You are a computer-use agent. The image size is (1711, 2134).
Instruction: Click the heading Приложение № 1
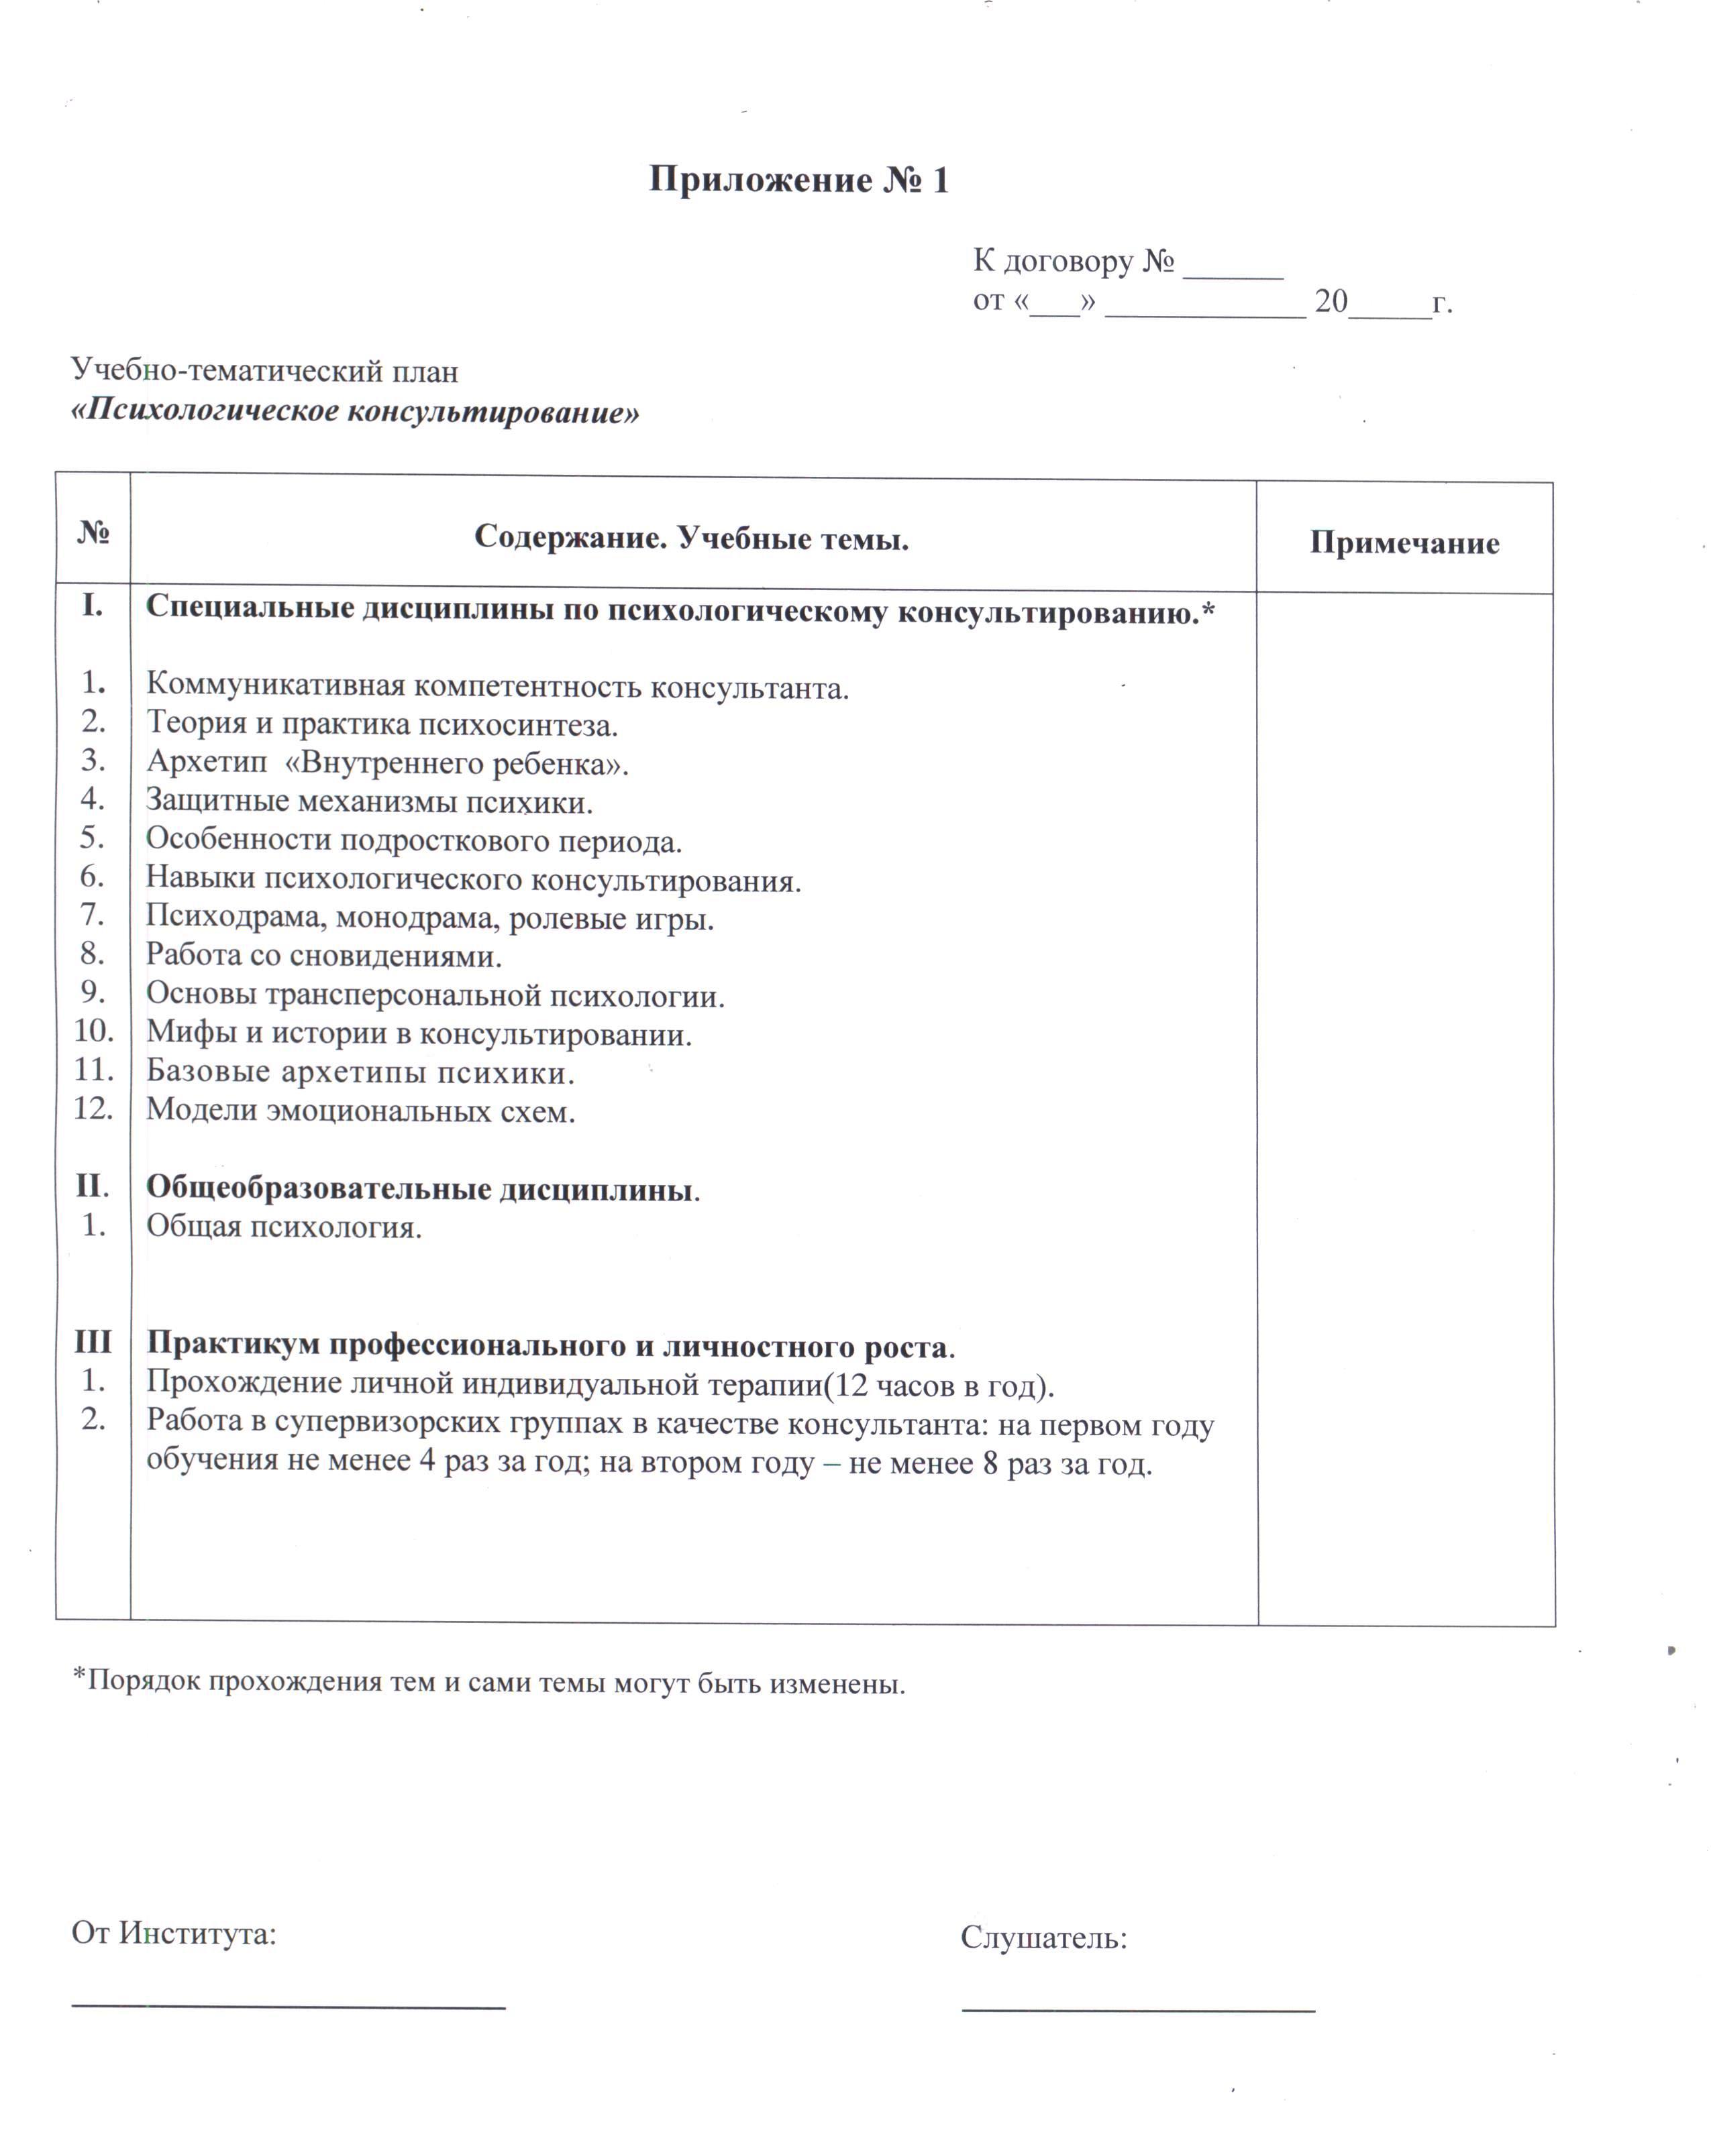pos(798,180)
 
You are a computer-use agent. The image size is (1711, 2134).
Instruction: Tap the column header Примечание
pos(1404,543)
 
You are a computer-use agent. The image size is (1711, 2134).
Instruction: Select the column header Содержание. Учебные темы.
pos(691,539)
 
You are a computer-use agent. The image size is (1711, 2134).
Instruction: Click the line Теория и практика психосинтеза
pos(382,724)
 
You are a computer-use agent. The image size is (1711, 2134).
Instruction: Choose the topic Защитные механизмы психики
pos(369,801)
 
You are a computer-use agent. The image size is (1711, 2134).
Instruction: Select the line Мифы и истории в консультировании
pos(419,1034)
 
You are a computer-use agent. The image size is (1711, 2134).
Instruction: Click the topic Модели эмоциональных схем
pos(360,1111)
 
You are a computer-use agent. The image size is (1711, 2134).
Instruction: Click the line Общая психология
pos(284,1227)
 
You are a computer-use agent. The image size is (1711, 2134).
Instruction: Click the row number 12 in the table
pos(93,1109)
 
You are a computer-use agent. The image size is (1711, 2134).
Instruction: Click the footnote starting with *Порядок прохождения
pos(489,1682)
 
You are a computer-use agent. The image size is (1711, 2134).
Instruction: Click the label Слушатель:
pos(1043,1938)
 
